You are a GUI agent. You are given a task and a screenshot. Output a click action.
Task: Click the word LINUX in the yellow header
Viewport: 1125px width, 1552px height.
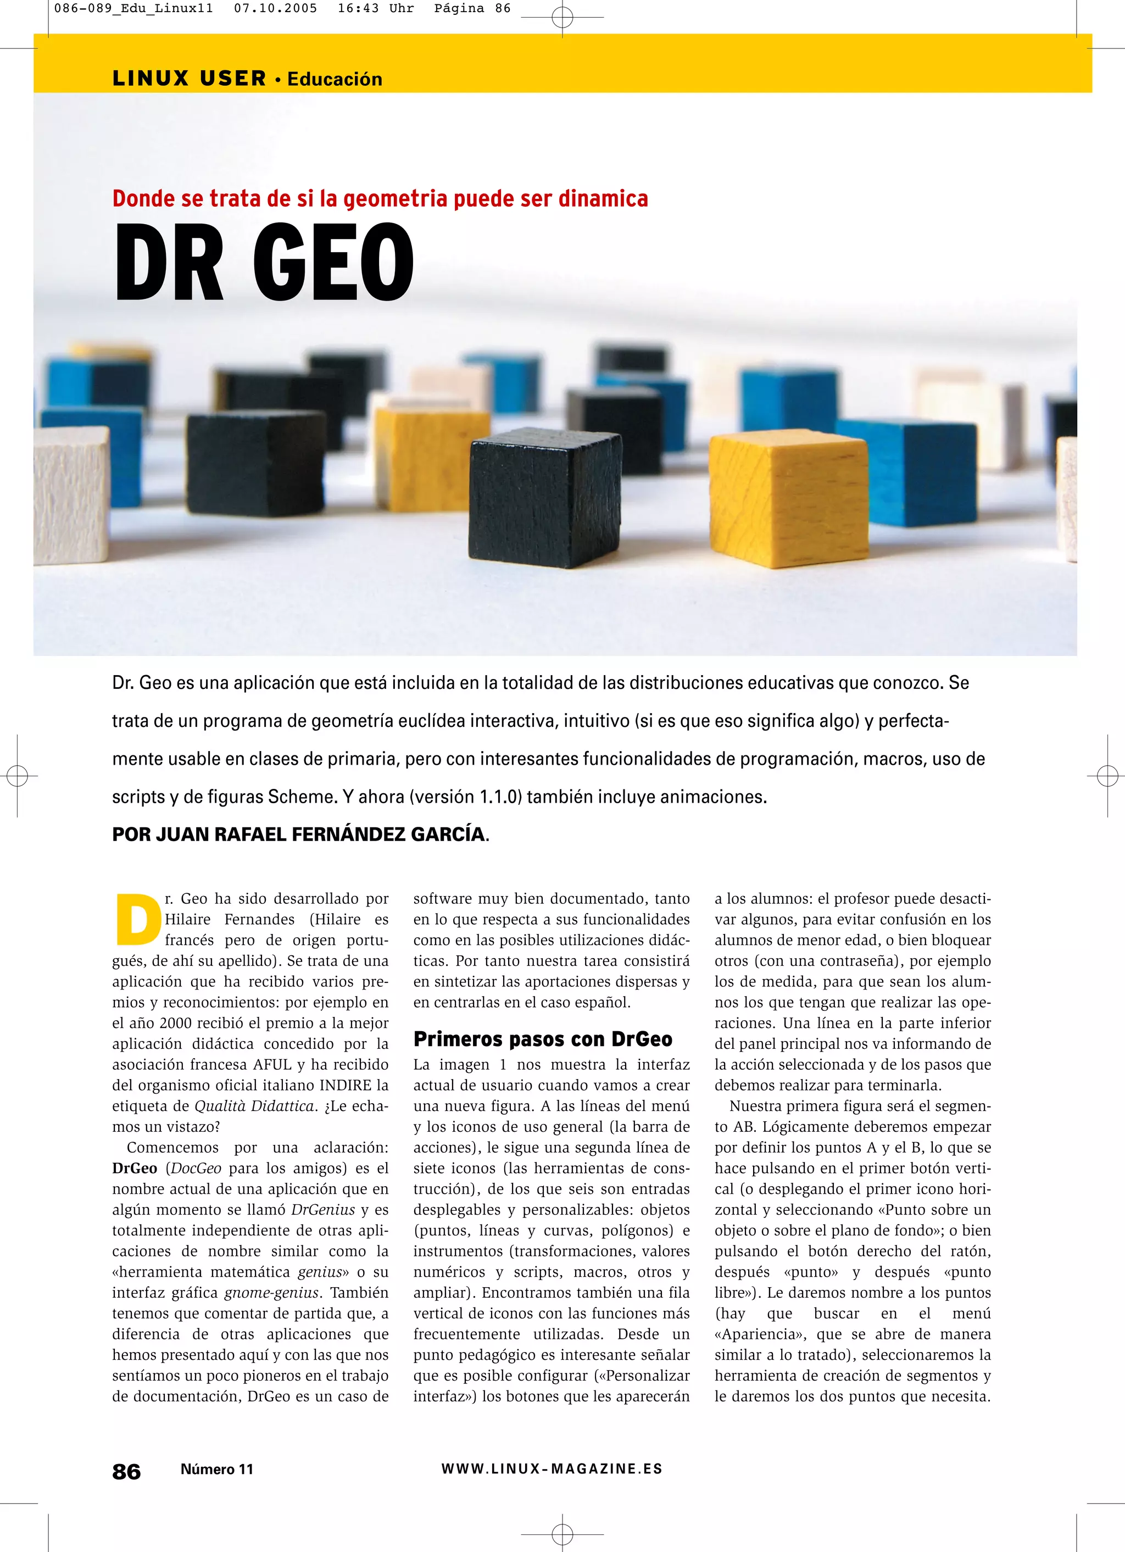[151, 79]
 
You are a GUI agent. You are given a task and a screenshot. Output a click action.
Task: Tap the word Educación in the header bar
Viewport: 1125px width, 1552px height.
[335, 79]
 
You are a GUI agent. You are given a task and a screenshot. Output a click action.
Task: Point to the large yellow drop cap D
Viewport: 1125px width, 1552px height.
[137, 919]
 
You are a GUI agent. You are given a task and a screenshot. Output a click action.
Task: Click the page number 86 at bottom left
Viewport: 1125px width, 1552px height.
[126, 1471]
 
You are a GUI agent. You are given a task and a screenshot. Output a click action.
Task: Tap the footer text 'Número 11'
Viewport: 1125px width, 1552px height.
[217, 1469]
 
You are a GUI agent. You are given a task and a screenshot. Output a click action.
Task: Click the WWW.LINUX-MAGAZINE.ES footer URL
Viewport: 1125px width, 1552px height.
[552, 1468]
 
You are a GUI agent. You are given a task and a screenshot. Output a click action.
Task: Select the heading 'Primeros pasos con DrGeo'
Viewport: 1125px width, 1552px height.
[543, 1039]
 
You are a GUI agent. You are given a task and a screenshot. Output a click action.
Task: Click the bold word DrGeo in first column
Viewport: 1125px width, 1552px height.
[135, 1169]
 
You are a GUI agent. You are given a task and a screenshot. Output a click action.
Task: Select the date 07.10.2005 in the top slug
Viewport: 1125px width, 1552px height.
[275, 8]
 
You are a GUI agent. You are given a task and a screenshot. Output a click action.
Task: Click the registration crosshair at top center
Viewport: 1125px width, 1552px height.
[562, 17]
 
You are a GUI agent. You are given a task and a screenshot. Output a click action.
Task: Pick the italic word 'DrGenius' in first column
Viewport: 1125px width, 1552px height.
[323, 1210]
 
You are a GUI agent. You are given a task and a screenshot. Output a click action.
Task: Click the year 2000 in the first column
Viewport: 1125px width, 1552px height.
[181, 1023]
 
